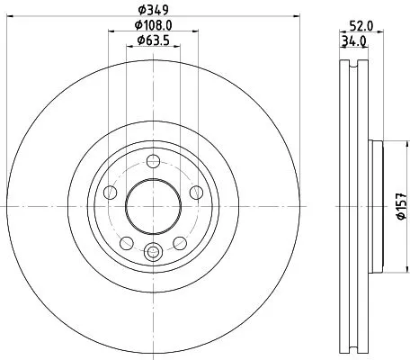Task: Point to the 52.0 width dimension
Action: pyautogui.click(x=363, y=26)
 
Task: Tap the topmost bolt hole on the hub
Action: pyautogui.click(x=152, y=162)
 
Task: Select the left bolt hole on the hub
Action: pyautogui.click(x=110, y=193)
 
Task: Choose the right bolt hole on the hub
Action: pyautogui.click(x=194, y=193)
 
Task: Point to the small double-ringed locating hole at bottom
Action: pyautogui.click(x=152, y=253)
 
